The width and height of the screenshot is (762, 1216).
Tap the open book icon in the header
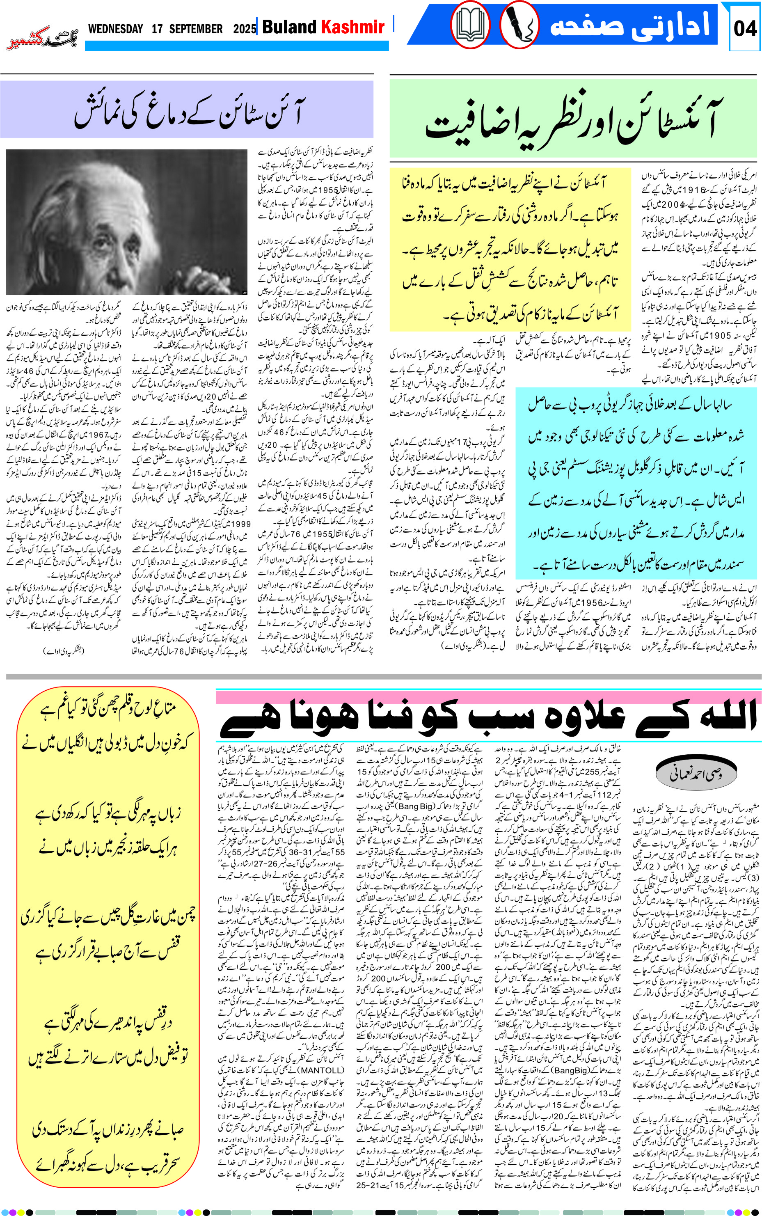click(x=470, y=25)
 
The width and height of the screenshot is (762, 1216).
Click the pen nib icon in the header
click(x=519, y=25)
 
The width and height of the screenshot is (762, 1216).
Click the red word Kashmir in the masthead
click(x=353, y=27)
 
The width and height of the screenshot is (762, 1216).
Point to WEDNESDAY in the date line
click(x=115, y=29)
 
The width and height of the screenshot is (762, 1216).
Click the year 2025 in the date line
click(x=245, y=29)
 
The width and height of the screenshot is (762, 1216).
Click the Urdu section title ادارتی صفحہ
click(x=630, y=25)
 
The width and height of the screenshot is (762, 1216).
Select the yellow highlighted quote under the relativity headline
click(x=510, y=249)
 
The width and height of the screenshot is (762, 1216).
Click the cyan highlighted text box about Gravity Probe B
click(x=636, y=484)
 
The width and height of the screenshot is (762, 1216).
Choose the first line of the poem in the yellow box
click(x=108, y=710)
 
